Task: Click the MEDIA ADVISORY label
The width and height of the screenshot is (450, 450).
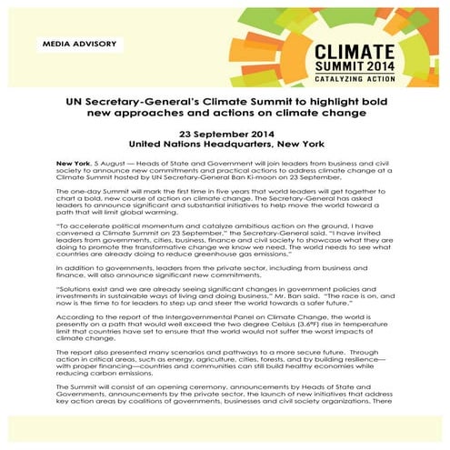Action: [76, 45]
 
